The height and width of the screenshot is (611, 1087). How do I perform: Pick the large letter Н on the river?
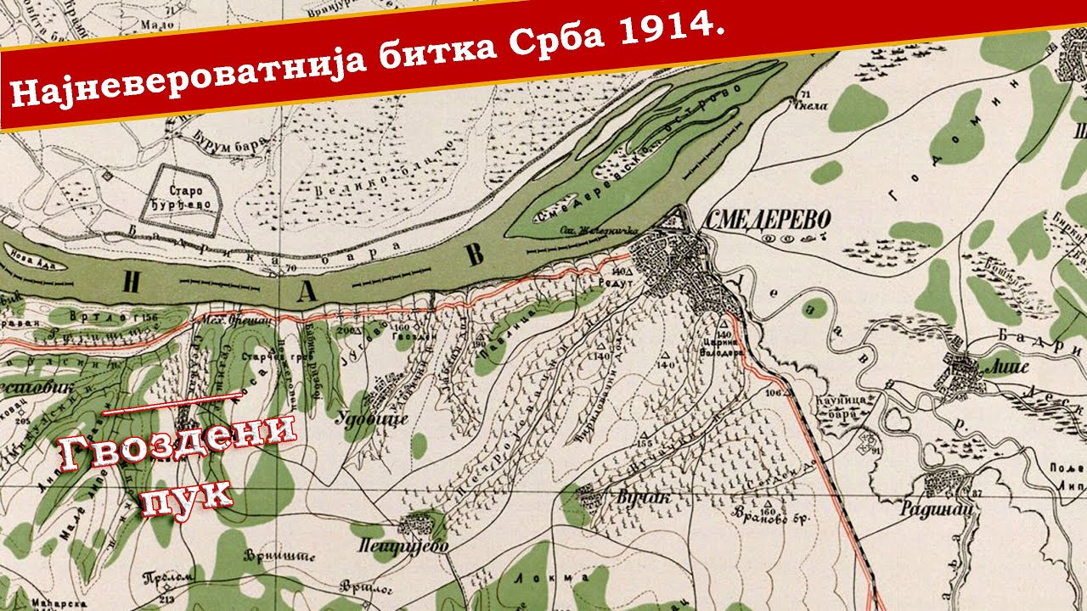pyautogui.click(x=130, y=283)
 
